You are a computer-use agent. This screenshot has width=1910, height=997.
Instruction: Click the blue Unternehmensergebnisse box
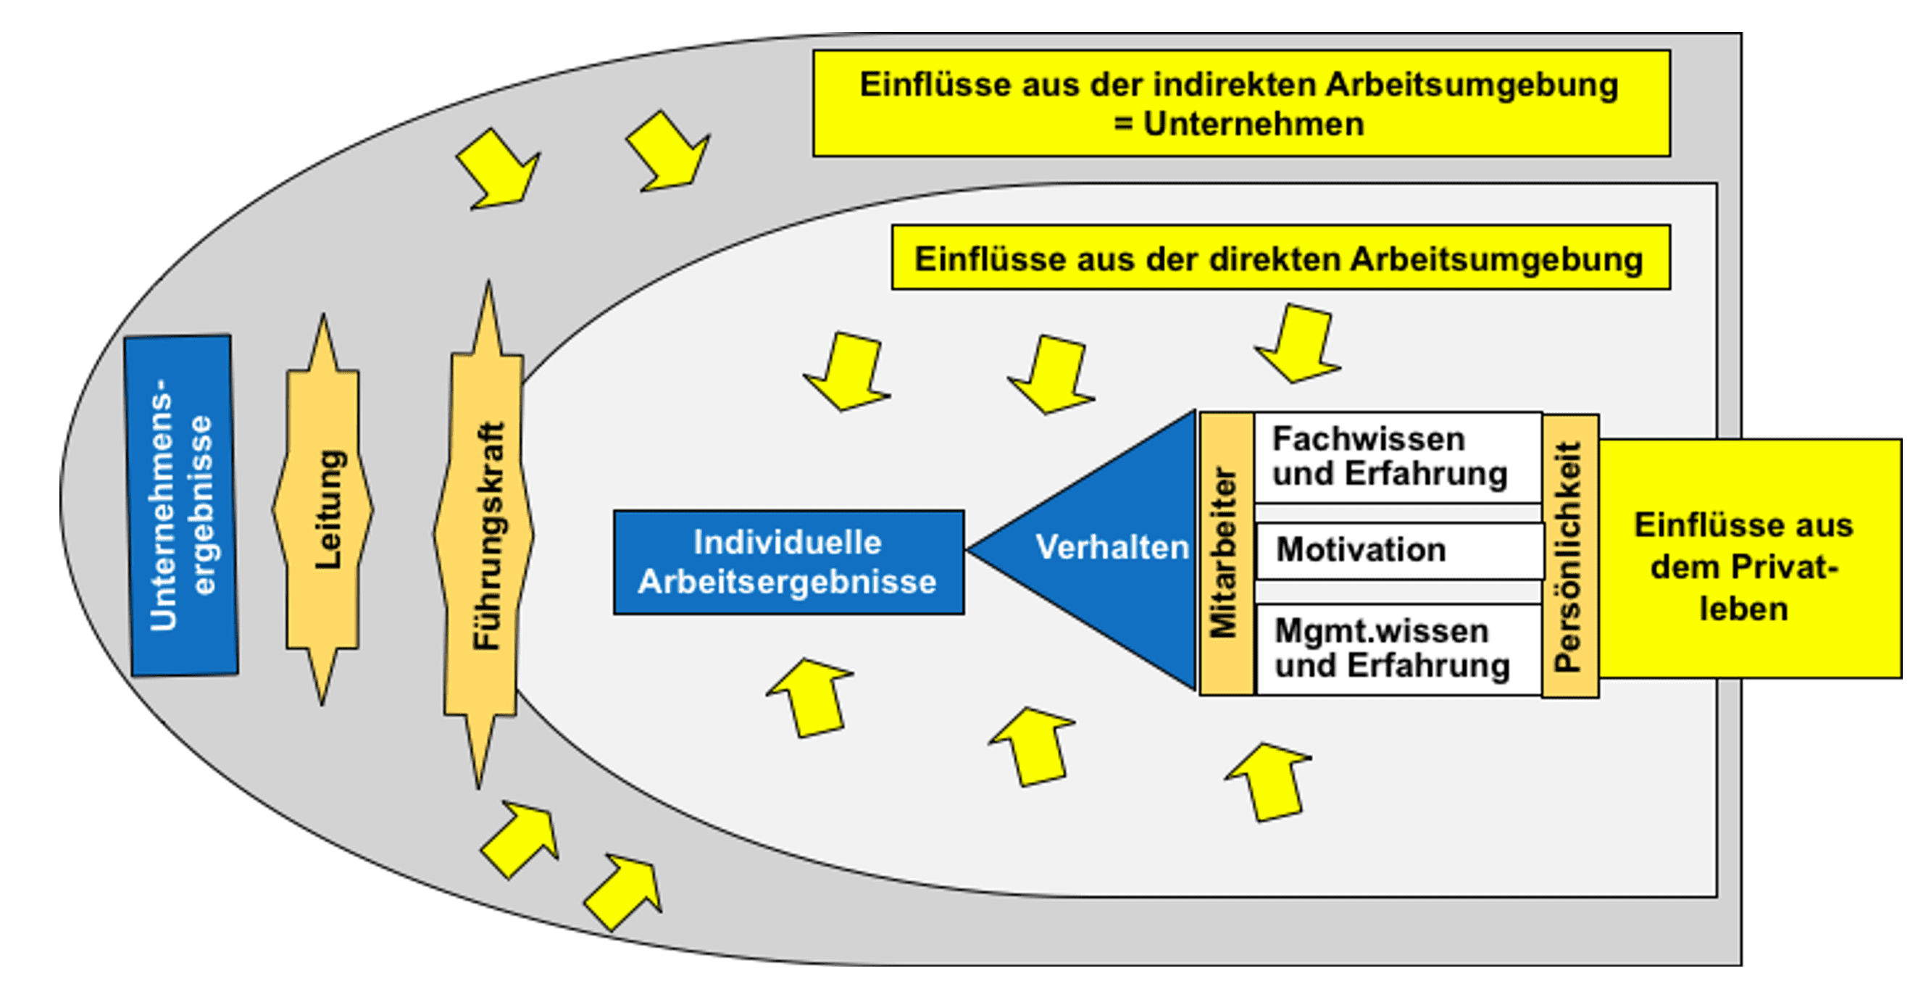[x=182, y=506]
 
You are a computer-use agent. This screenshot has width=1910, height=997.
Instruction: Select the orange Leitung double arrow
[x=323, y=510]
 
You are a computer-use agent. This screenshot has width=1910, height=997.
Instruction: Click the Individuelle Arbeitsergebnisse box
[x=789, y=562]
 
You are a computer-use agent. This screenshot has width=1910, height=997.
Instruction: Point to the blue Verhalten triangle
[x=1112, y=548]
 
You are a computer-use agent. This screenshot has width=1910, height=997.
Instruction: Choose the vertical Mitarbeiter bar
[x=1227, y=553]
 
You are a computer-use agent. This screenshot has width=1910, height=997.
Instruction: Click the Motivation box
[x=1400, y=551]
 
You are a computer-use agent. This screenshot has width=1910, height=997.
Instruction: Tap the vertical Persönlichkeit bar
[x=1569, y=556]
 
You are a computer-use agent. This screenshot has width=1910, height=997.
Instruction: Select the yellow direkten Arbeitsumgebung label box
[x=1280, y=258]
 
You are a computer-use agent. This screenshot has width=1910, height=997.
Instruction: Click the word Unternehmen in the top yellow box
[x=1253, y=124]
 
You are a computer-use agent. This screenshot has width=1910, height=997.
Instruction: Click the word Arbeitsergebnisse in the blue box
[x=788, y=582]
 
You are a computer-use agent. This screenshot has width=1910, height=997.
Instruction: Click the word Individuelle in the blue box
[x=788, y=543]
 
